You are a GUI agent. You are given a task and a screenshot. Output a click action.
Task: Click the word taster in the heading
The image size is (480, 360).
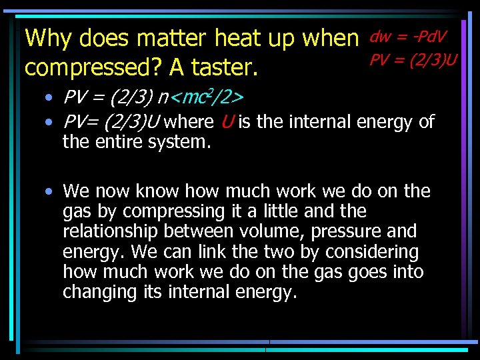tap(226, 67)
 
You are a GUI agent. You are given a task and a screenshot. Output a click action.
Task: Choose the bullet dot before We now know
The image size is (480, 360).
tap(50, 192)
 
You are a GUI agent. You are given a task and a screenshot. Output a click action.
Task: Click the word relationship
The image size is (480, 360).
tap(110, 231)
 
